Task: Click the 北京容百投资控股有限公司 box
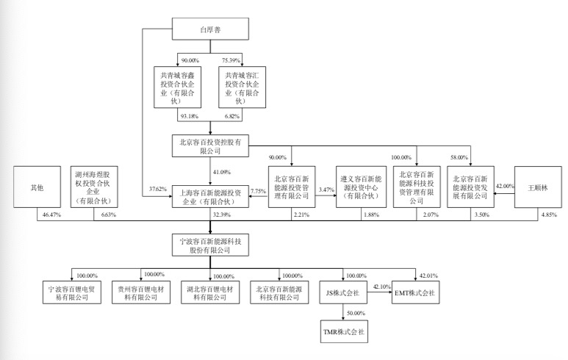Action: point(209,144)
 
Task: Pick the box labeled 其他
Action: point(36,187)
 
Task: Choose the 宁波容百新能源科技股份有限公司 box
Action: point(209,245)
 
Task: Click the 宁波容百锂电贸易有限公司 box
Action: point(71,292)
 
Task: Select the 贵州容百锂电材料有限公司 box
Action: point(140,292)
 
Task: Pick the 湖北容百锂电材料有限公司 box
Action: point(209,292)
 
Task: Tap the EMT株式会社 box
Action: point(414,292)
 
